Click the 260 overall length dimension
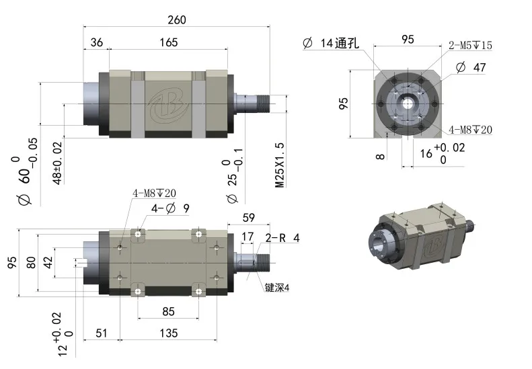click(x=176, y=19)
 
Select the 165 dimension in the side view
click(x=169, y=42)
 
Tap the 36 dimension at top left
click(x=96, y=42)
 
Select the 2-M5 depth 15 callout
click(x=470, y=46)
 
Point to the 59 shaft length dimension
click(x=248, y=217)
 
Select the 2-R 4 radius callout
click(x=282, y=237)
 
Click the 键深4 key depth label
click(x=276, y=288)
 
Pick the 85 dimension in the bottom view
click(x=168, y=311)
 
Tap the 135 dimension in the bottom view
click(x=168, y=332)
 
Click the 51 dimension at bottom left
click(x=102, y=332)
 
